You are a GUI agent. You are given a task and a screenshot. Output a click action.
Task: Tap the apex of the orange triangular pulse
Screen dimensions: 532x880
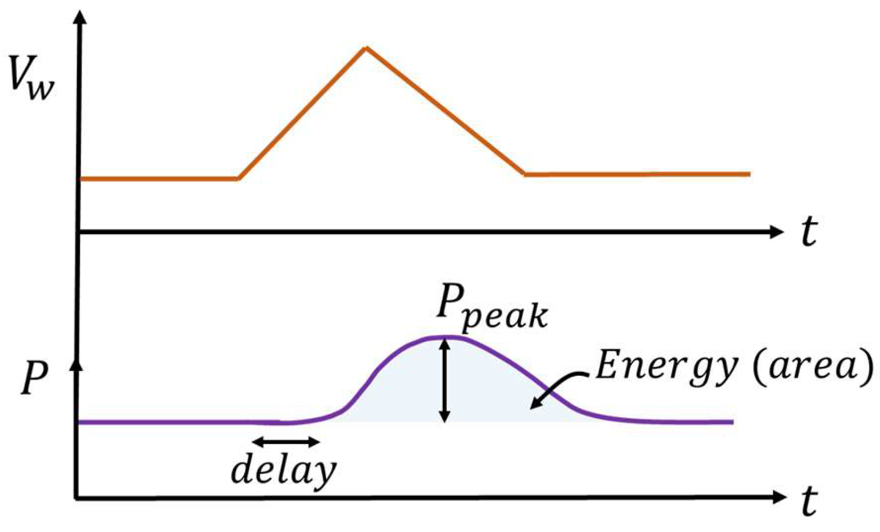pyautogui.click(x=366, y=48)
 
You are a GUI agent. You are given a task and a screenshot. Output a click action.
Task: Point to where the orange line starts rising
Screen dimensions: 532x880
pyautogui.click(x=238, y=178)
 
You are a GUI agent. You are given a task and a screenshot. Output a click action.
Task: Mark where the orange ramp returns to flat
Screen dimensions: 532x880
pyautogui.click(x=524, y=174)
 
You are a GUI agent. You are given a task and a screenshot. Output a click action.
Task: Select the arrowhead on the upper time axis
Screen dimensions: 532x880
pyautogui.click(x=776, y=232)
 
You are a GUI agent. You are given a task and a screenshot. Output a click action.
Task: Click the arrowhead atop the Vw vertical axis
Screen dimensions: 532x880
pyautogui.click(x=80, y=17)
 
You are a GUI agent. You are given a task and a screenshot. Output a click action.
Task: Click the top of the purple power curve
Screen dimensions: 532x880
pyautogui.click(x=447, y=337)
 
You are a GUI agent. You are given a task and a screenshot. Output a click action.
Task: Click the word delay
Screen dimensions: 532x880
pyautogui.click(x=284, y=470)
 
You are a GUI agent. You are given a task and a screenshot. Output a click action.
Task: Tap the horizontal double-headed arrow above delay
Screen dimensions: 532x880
pyautogui.click(x=286, y=441)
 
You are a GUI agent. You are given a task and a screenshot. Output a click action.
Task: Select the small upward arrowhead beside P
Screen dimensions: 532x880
pyautogui.click(x=77, y=364)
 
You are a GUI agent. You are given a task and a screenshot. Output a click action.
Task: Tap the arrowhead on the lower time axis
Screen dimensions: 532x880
pyautogui.click(x=778, y=497)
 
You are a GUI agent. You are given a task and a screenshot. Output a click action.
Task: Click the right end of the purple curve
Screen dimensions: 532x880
pyautogui.click(x=732, y=421)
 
